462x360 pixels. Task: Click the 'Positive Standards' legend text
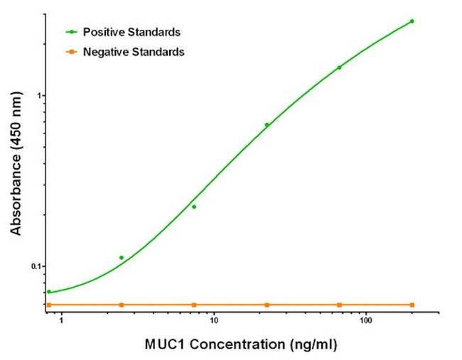tap(131, 32)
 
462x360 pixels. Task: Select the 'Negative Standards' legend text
tap(134, 52)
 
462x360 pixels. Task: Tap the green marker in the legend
tap(72, 32)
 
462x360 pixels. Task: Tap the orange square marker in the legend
tap(72, 52)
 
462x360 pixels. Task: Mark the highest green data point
tap(412, 21)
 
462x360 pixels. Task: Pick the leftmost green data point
tap(49, 292)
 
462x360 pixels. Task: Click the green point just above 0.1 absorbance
tap(122, 258)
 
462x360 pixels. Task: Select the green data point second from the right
tap(339, 67)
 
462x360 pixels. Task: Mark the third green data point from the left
tap(194, 207)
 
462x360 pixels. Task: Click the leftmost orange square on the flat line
tap(49, 305)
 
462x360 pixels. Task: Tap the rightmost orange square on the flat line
tap(412, 305)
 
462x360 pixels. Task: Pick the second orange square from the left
tap(122, 305)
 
